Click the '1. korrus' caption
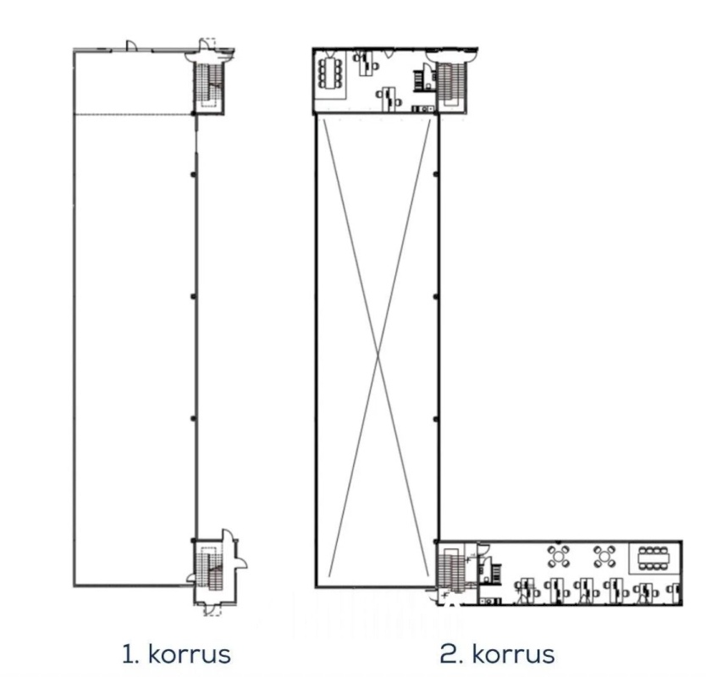click(176, 654)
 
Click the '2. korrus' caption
click(497, 654)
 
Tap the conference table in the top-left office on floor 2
click(331, 72)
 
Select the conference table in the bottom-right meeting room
click(654, 559)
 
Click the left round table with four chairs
click(560, 557)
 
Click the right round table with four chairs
click(604, 557)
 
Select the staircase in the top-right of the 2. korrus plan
click(451, 82)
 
